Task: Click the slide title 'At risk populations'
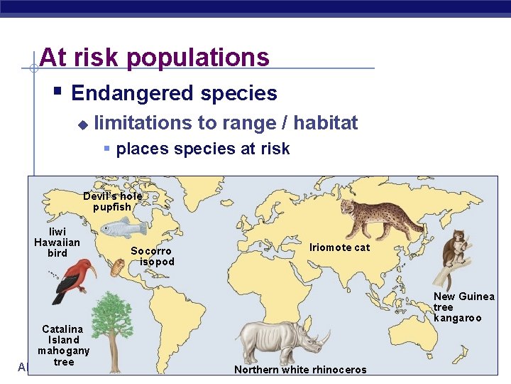(155, 57)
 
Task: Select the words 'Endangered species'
(174, 93)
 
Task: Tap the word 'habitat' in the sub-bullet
(325, 123)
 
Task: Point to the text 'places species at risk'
(202, 149)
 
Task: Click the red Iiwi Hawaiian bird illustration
(72, 278)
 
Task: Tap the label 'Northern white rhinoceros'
(300, 370)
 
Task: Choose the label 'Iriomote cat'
(339, 247)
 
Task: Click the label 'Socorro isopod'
(152, 256)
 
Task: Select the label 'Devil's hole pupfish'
(112, 201)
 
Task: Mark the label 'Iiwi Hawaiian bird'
(57, 242)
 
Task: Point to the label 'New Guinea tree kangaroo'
(463, 306)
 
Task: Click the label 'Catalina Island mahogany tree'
(63, 345)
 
